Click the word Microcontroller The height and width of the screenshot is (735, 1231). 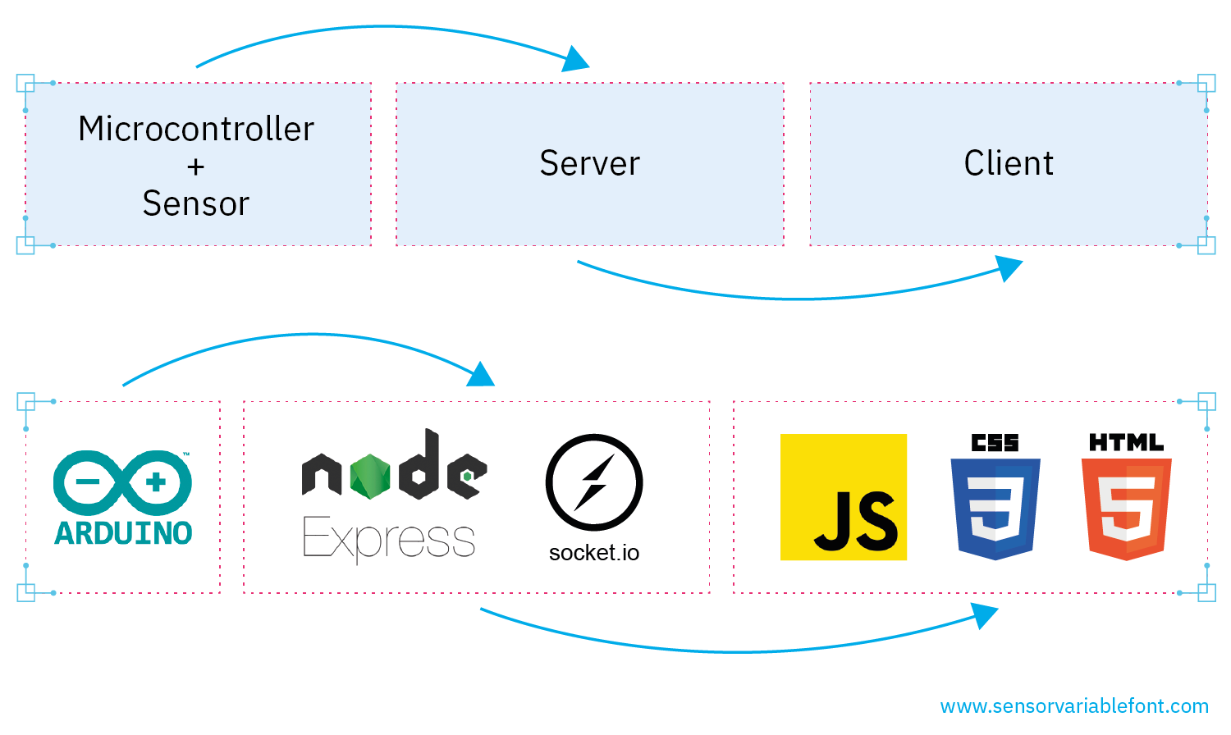point(196,129)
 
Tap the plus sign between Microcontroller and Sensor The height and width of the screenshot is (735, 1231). point(195,167)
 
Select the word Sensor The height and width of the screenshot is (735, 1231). point(195,203)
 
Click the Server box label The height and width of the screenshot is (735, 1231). point(589,163)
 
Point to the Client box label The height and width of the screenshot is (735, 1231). point(1009,163)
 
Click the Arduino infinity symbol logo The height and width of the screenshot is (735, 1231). point(123,482)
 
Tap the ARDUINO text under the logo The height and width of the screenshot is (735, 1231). point(123,533)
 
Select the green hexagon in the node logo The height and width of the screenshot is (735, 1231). point(370,477)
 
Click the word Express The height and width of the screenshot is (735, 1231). point(389,539)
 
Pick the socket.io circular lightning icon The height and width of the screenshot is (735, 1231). point(594,482)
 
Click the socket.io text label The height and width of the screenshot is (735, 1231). point(594,553)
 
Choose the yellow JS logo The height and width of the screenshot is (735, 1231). point(844,497)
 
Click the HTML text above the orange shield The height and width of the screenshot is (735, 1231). point(1126,443)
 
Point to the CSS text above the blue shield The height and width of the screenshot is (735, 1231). point(995,443)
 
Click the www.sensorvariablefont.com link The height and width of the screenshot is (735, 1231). point(1074,706)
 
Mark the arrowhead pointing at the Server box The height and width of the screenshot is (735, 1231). point(576,60)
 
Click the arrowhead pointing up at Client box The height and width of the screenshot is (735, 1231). point(1009,268)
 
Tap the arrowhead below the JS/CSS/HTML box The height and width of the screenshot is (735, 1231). point(984,614)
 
